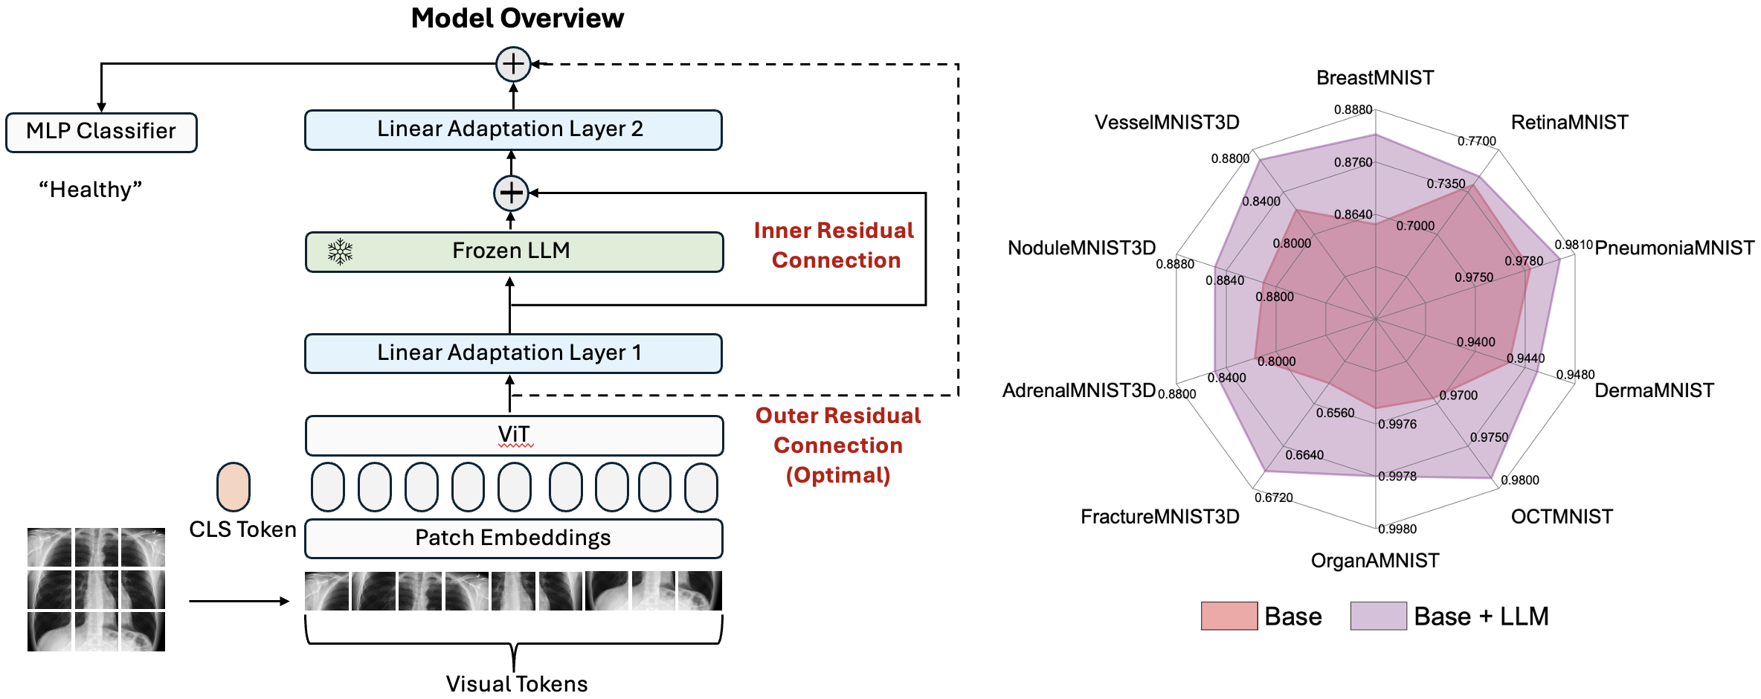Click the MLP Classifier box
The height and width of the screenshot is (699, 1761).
[101, 132]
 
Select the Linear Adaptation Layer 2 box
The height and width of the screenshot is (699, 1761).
[513, 130]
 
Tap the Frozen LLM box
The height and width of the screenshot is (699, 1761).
[514, 251]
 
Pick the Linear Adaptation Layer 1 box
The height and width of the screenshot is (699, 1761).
[513, 353]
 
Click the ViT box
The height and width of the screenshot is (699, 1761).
[514, 435]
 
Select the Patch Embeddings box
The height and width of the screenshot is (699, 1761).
[513, 538]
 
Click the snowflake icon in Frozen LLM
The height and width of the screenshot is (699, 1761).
[341, 252]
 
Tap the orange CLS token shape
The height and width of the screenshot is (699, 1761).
[234, 487]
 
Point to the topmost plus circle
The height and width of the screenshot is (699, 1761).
[513, 64]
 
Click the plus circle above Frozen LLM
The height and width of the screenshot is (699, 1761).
[511, 193]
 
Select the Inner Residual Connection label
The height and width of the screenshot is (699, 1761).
[834, 245]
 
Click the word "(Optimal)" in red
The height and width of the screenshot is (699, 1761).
[838, 475]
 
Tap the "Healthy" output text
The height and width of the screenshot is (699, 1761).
[90, 190]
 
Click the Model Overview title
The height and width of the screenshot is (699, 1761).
[518, 19]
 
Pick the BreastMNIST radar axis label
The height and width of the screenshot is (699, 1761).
[1375, 78]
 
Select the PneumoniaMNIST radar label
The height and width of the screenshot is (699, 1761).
[1674, 248]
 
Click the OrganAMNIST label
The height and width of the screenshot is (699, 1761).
[1375, 561]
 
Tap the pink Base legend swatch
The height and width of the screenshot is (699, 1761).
[1229, 616]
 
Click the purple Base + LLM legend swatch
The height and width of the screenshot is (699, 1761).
[1378, 616]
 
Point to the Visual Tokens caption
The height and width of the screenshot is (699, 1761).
[517, 684]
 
